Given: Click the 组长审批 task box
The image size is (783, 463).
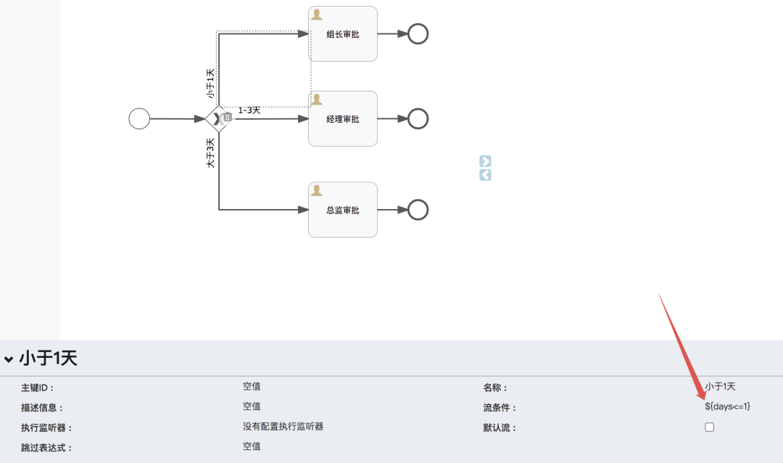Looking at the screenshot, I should [343, 34].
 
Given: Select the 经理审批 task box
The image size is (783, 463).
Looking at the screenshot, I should [343, 119].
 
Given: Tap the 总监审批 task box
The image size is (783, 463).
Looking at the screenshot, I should [343, 210].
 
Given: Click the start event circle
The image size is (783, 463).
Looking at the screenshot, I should [139, 118].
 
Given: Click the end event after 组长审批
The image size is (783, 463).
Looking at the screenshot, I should [418, 34].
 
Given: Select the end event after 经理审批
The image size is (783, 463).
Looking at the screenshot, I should [418, 119].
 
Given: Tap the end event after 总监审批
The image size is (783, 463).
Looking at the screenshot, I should [418, 210].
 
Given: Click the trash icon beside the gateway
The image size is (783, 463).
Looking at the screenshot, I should [228, 117].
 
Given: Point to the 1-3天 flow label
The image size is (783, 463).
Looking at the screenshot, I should [249, 110].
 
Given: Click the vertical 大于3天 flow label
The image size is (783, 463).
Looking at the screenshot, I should [211, 153].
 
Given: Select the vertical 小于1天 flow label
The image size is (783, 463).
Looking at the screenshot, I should [211, 83].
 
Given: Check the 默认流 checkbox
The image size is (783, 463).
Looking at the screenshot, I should [710, 427].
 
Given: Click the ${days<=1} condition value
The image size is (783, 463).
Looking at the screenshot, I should [727, 406].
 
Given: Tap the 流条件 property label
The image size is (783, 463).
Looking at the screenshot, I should [500, 408].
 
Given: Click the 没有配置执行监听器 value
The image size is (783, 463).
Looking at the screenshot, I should [283, 427].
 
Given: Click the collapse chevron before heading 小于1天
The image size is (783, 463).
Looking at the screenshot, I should [9, 358].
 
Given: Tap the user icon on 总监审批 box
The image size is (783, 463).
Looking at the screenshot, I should [317, 190].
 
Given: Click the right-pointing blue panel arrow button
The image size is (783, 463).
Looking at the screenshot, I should [485, 161].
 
